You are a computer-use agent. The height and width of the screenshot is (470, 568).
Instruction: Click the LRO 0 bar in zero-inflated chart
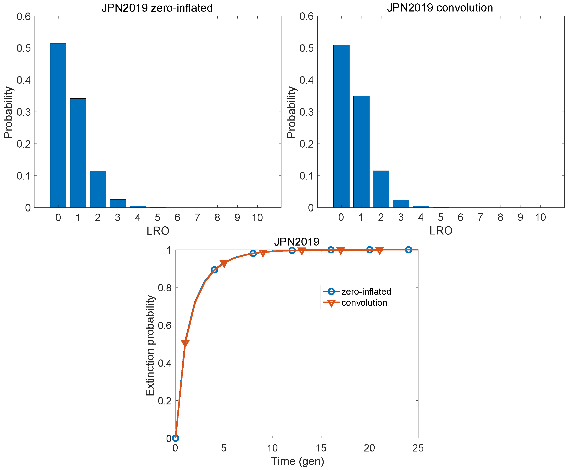tap(58, 126)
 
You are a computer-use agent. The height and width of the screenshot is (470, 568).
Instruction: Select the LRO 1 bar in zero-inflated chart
tap(78, 153)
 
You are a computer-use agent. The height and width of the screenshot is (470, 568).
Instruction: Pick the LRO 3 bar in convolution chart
tap(401, 204)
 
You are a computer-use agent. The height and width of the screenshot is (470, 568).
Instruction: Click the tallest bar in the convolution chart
tap(341, 126)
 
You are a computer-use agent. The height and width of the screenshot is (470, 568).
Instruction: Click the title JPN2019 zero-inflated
tap(157, 8)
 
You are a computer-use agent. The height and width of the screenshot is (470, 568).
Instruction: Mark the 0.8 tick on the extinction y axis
tap(165, 287)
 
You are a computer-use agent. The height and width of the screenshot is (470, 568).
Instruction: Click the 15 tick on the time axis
tap(321, 448)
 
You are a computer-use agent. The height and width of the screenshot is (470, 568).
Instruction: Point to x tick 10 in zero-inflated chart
tap(257, 217)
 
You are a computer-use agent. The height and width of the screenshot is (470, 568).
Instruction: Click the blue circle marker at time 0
tap(176, 438)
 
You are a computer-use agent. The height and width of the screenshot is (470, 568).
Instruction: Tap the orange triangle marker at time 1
tap(185, 343)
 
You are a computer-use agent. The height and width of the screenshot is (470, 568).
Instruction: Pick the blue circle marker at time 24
tap(409, 250)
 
